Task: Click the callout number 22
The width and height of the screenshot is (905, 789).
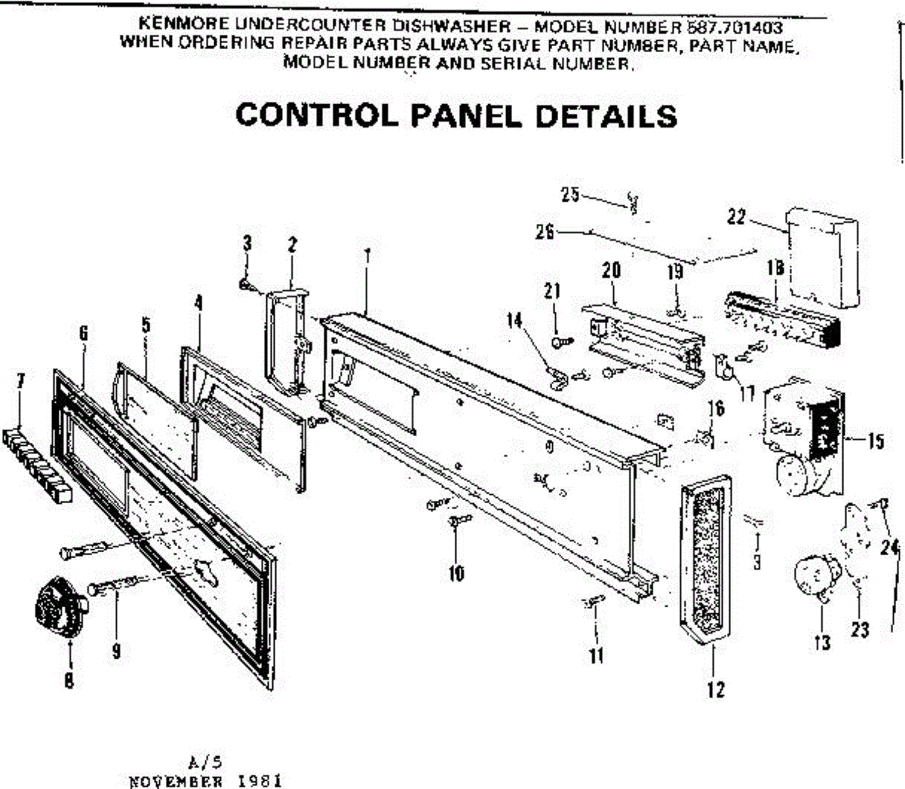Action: (x=736, y=217)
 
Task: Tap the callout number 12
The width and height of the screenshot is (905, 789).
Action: (x=716, y=689)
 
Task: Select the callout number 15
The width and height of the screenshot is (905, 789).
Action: (x=875, y=441)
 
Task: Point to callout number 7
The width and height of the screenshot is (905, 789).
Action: (x=21, y=382)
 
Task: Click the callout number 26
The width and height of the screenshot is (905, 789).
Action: (x=545, y=232)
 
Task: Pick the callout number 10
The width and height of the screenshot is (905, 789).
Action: (x=456, y=573)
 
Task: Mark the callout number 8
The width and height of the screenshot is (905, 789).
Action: (x=69, y=680)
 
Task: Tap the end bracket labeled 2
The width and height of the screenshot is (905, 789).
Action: (x=287, y=339)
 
